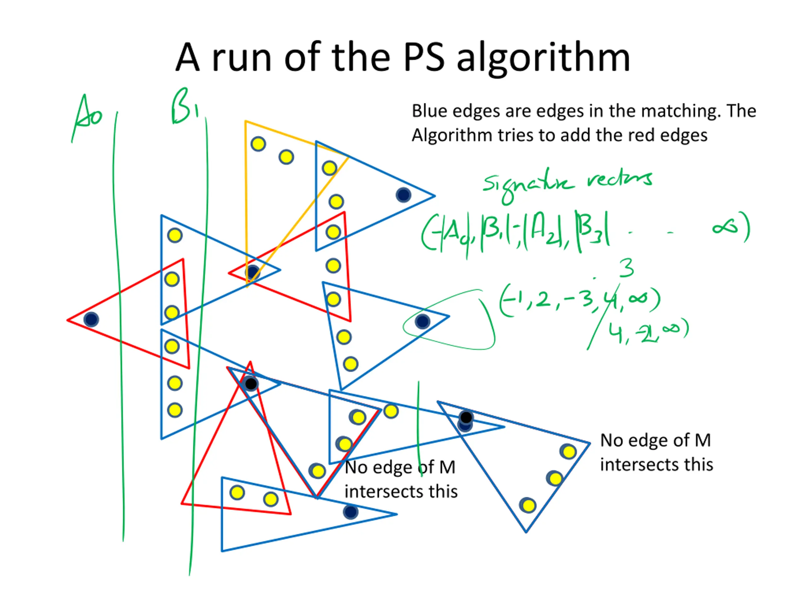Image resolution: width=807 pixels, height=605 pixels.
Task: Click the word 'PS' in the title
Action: click(x=424, y=58)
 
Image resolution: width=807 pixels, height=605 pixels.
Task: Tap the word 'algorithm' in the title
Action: click(x=543, y=58)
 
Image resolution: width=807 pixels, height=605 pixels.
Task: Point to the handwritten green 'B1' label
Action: click(x=184, y=107)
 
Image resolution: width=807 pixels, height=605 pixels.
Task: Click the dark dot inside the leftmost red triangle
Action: click(x=91, y=320)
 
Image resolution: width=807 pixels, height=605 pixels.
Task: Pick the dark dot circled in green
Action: click(x=422, y=322)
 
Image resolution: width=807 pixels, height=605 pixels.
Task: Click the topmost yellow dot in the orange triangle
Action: click(x=258, y=144)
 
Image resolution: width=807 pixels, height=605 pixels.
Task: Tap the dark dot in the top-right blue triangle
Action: click(x=403, y=195)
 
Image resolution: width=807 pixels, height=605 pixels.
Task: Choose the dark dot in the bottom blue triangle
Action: click(x=351, y=512)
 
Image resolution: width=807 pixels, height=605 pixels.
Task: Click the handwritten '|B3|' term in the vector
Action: click(x=593, y=232)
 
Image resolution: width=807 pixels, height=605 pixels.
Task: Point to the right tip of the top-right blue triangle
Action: click(x=434, y=196)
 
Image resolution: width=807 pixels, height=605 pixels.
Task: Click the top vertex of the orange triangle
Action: click(x=246, y=121)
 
